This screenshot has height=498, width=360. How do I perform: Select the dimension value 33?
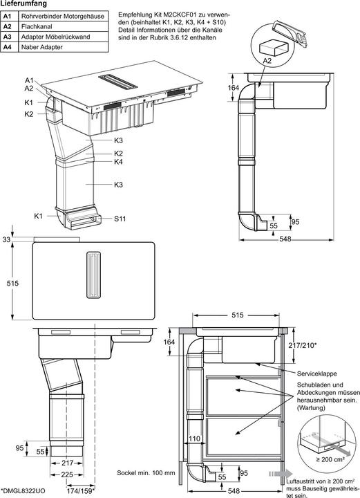pyautogui.click(x=7, y=239)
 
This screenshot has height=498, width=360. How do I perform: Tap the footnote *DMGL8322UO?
pyautogui.click(x=23, y=492)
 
